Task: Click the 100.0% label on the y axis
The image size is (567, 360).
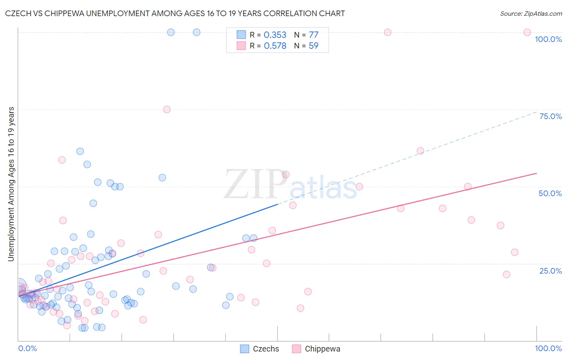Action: (548, 39)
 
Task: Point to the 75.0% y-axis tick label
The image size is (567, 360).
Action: (550, 116)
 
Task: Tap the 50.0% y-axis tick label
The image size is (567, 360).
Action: (550, 193)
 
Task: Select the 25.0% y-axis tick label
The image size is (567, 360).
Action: (550, 270)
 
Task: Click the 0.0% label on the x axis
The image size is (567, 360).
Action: (27, 348)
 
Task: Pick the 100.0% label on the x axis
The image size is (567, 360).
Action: (548, 348)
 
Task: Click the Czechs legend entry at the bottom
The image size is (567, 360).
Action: (266, 349)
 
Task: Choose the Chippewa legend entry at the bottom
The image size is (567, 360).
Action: (322, 349)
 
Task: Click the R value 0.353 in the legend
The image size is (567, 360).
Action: (275, 35)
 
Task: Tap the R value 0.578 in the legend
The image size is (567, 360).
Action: (275, 46)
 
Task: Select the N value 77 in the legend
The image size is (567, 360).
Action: (313, 35)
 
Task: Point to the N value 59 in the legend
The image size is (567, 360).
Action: (313, 46)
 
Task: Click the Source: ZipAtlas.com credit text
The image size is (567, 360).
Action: (531, 13)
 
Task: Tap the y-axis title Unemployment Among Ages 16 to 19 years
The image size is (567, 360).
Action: (11, 184)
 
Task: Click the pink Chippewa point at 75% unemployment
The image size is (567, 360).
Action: (167, 109)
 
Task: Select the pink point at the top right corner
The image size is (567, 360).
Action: (527, 32)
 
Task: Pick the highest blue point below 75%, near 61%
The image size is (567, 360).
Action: (80, 151)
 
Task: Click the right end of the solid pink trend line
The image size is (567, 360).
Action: (536, 173)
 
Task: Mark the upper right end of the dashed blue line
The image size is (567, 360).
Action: (536, 112)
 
